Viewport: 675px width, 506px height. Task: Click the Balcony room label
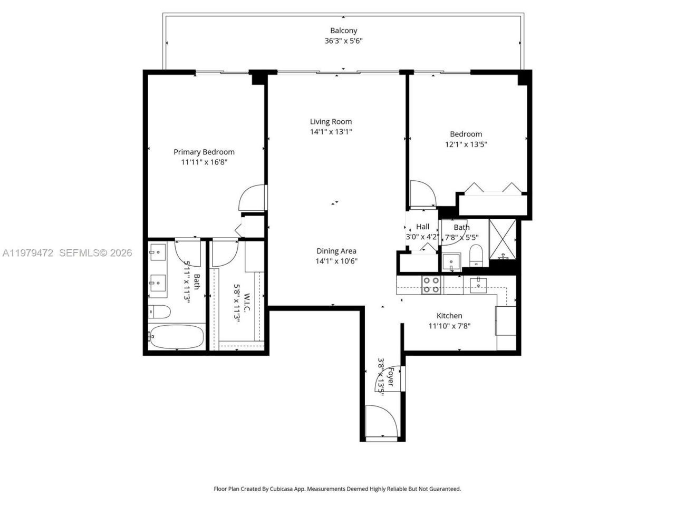(343, 31)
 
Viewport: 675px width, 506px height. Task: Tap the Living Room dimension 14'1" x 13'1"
(331, 132)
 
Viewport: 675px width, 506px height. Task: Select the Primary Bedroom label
(204, 152)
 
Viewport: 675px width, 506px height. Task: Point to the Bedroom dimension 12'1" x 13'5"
(466, 144)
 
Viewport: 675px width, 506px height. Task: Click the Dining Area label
(336, 251)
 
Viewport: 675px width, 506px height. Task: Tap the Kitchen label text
(449, 316)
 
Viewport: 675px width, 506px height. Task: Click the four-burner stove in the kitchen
(431, 285)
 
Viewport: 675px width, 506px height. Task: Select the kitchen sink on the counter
(478, 285)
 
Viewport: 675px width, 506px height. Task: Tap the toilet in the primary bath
(158, 312)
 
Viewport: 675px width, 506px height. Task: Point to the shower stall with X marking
(503, 240)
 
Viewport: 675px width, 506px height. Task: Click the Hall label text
(422, 227)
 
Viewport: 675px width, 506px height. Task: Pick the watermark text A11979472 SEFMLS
(66, 253)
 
